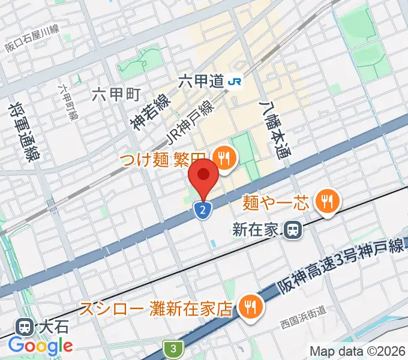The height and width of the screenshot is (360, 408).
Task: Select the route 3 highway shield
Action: (x=173, y=348)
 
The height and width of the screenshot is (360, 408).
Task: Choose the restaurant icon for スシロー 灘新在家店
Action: (x=248, y=308)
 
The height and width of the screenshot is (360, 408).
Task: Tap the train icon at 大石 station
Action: (x=26, y=328)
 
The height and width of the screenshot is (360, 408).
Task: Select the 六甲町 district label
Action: (x=116, y=94)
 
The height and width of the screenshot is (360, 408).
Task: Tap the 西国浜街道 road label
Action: (x=303, y=326)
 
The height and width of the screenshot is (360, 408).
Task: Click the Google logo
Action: (x=40, y=346)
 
